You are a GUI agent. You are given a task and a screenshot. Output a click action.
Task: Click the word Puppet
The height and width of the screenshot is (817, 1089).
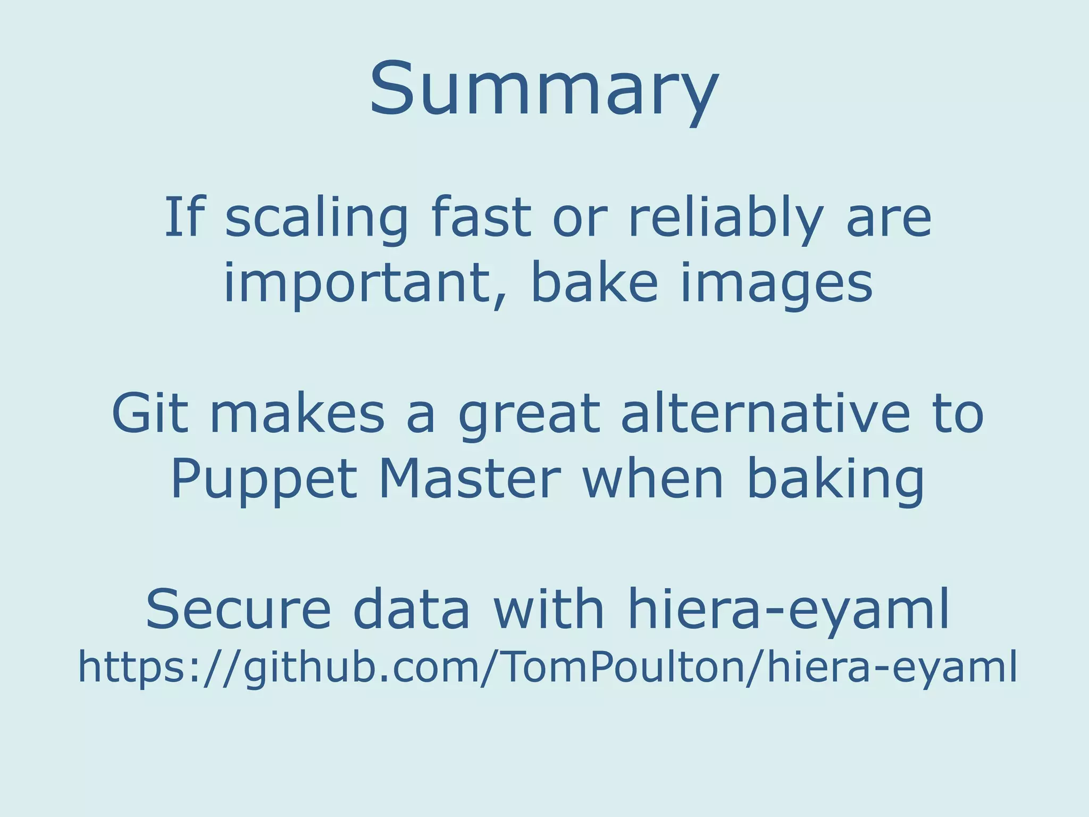point(264,479)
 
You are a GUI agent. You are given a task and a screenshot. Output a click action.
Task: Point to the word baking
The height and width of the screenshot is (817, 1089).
point(836,479)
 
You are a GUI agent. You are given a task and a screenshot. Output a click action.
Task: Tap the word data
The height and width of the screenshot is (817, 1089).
point(412,608)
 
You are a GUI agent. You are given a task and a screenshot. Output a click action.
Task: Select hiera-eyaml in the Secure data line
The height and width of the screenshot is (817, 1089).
point(789,610)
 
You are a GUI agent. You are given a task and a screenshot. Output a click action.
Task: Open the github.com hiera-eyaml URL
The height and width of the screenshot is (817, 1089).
point(548,667)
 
